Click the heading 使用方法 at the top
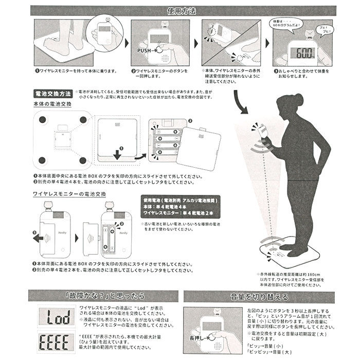pyautogui.click(x=180, y=10)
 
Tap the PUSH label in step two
pyautogui.click(x=146, y=51)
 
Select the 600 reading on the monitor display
pyautogui.click(x=302, y=53)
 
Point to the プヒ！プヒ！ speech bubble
pyautogui.click(x=327, y=26)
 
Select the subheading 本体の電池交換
pyautogui.click(x=51, y=104)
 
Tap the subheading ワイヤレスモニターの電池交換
pyautogui.click(x=69, y=194)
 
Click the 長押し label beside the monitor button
pyautogui.click(x=199, y=337)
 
